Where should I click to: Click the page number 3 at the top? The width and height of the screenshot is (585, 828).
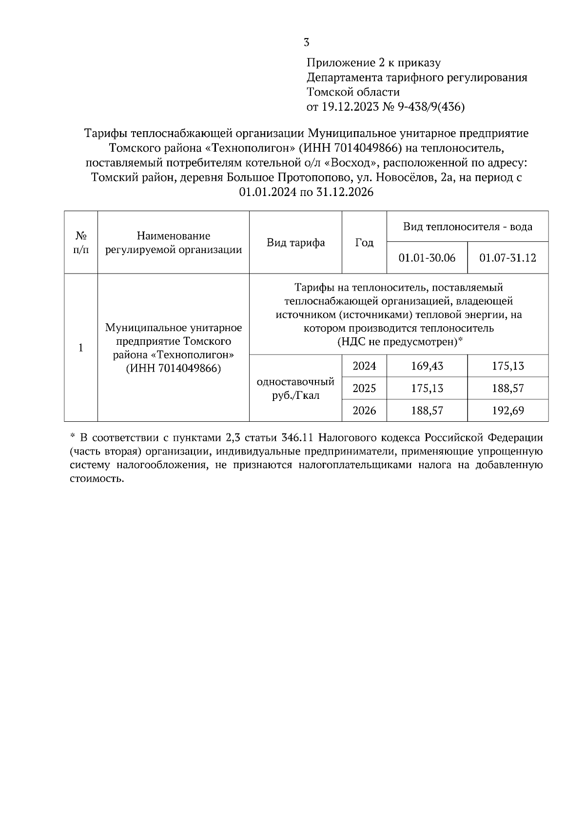[306, 42]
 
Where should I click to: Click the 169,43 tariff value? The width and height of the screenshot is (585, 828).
[427, 366]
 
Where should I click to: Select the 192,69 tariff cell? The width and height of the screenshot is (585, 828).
[507, 411]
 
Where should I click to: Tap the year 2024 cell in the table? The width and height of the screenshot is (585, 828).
[364, 366]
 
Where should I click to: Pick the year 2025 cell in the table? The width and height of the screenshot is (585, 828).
[364, 388]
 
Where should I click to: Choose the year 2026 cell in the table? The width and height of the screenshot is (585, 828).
[364, 411]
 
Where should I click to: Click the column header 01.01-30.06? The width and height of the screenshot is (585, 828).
[427, 257]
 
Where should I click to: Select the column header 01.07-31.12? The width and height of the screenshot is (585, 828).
[507, 257]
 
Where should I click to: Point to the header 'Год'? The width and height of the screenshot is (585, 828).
[364, 242]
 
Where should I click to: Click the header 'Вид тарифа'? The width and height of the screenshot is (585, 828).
[295, 242]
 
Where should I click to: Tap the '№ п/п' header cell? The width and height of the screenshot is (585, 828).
[81, 242]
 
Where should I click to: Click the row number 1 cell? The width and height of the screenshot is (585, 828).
[81, 348]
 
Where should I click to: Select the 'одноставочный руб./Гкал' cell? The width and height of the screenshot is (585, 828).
[295, 388]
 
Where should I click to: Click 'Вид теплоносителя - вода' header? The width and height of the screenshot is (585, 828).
[468, 227]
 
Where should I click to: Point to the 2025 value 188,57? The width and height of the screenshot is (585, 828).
[507, 388]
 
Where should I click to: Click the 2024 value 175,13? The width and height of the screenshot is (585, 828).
[507, 366]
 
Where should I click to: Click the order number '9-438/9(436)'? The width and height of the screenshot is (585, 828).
[431, 106]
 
